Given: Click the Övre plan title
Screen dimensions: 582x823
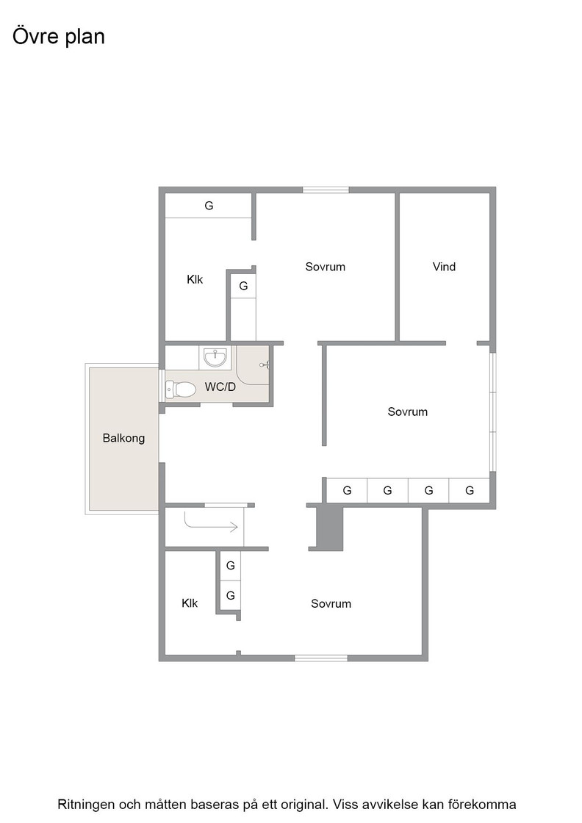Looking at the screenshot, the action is tap(59, 37).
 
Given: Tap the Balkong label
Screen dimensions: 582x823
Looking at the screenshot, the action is tap(124, 438).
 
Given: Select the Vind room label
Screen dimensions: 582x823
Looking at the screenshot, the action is tap(444, 267).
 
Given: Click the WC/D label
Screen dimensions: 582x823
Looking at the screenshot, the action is tap(220, 387).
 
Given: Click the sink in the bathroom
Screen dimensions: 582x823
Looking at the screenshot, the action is tap(216, 357).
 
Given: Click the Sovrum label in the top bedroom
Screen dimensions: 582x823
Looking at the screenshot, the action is tap(326, 267).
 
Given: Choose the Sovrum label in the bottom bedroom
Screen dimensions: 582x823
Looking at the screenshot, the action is tap(331, 603).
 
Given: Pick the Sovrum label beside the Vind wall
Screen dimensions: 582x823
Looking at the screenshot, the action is tap(408, 412).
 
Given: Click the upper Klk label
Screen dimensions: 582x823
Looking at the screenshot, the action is tap(195, 279).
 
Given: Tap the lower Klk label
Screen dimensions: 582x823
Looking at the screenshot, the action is tap(190, 603).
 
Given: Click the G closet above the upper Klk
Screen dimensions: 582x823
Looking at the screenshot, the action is tap(209, 206).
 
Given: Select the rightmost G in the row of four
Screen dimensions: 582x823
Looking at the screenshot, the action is tap(470, 490).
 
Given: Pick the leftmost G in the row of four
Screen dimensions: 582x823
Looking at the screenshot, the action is tap(347, 490).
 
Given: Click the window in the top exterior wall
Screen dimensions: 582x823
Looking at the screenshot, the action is tap(326, 190).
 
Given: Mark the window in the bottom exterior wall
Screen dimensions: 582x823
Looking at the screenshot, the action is tap(320, 658).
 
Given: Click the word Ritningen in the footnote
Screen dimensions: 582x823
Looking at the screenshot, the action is tap(86, 805).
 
